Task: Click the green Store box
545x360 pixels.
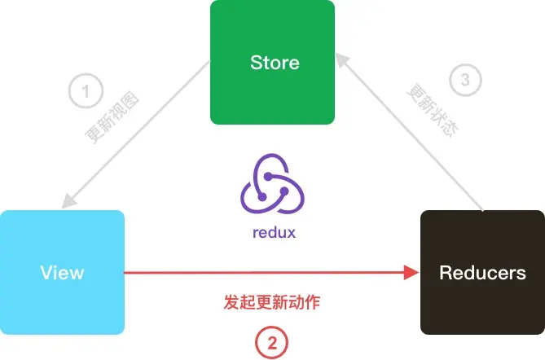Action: coord(272,62)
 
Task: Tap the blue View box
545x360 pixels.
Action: coord(62,272)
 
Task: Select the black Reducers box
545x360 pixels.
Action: coord(482,272)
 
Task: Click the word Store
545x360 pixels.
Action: coord(275,63)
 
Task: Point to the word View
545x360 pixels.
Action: coord(62,272)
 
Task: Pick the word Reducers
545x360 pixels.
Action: coord(482,272)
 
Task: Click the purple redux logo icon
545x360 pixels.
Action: coord(272,183)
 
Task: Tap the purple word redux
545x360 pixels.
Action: coord(274,232)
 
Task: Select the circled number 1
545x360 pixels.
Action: coord(86,91)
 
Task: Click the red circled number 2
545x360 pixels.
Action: coord(272,343)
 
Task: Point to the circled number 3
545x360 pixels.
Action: coord(465,80)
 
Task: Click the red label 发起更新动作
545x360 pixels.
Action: coord(272,302)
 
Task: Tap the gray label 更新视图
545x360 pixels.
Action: coord(112,116)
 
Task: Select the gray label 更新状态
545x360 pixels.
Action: coord(433,110)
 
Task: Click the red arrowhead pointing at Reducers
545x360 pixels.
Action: coord(411,272)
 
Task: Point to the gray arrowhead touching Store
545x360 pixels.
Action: coord(343,60)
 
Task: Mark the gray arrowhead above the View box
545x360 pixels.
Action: coord(69,201)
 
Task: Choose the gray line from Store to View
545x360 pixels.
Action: coord(136,135)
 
